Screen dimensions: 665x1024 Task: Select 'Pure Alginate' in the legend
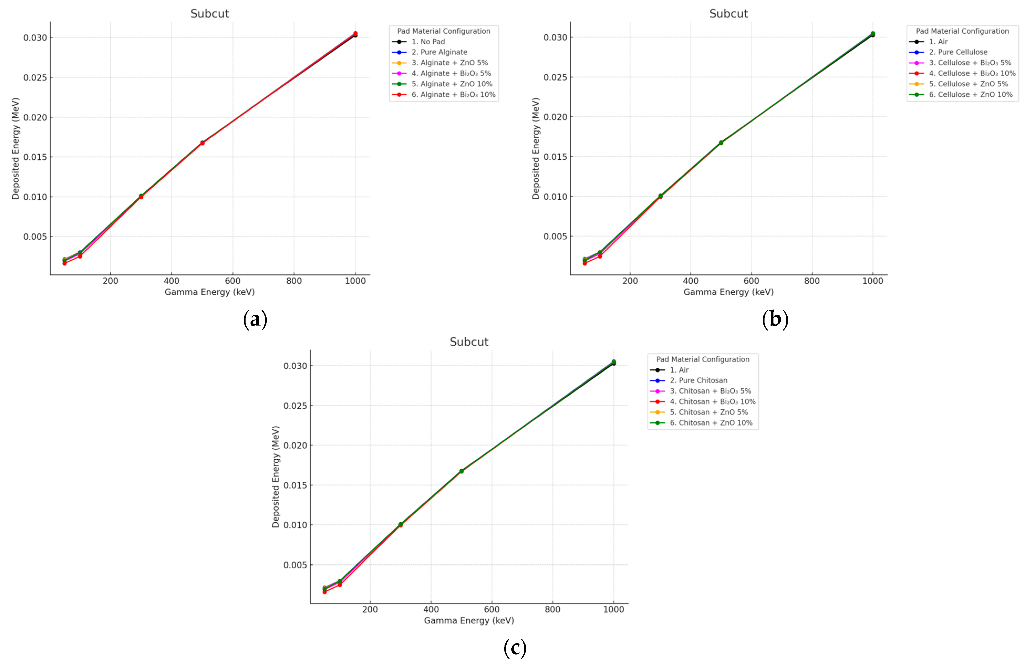(x=439, y=52)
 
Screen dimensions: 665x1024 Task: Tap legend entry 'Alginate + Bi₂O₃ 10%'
(x=453, y=95)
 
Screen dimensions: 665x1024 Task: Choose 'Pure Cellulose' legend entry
(x=958, y=52)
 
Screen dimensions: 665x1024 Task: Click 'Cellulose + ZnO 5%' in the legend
(x=968, y=84)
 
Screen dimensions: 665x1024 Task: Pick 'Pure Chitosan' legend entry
(x=698, y=380)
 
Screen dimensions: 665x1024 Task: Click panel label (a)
(x=255, y=320)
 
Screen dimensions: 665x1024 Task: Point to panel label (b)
(x=775, y=320)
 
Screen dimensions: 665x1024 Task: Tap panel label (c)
(x=514, y=648)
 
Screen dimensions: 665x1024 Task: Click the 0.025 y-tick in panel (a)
(x=35, y=77)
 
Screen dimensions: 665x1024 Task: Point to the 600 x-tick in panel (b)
(x=751, y=281)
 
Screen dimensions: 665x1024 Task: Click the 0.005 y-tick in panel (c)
(x=295, y=565)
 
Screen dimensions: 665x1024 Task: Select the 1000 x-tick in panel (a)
(x=355, y=281)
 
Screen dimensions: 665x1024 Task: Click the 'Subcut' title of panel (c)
(x=469, y=342)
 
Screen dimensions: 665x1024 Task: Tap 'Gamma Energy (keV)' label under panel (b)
(x=729, y=292)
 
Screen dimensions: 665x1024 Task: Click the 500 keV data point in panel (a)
(x=202, y=143)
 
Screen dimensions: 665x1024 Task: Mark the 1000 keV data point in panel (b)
(x=872, y=34)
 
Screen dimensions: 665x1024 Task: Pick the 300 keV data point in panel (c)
(x=401, y=525)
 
